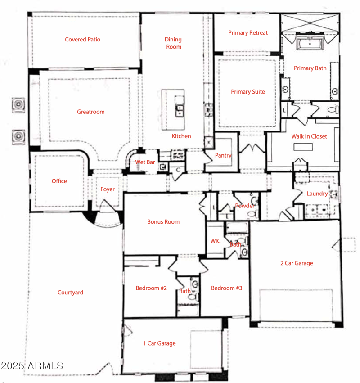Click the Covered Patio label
pyautogui.click(x=82, y=40)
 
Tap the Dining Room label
pyautogui.click(x=173, y=43)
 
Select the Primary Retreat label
pyautogui.click(x=248, y=33)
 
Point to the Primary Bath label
pyautogui.click(x=310, y=68)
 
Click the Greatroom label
pyautogui.click(x=90, y=112)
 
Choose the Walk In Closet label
pyautogui.click(x=309, y=136)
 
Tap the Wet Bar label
pyautogui.click(x=145, y=162)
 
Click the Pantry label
pyautogui.click(x=223, y=156)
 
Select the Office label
pyautogui.click(x=59, y=181)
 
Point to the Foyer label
pyautogui.click(x=108, y=189)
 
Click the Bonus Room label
pyautogui.click(x=163, y=222)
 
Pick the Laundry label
pyautogui.click(x=317, y=194)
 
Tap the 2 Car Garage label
pyautogui.click(x=297, y=263)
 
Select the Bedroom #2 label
pyautogui.click(x=151, y=288)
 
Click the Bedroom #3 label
pyautogui.click(x=226, y=288)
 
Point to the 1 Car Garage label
pyautogui.click(x=159, y=343)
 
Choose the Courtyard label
pyautogui.click(x=70, y=293)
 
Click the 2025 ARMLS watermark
pyautogui.click(x=32, y=365)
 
